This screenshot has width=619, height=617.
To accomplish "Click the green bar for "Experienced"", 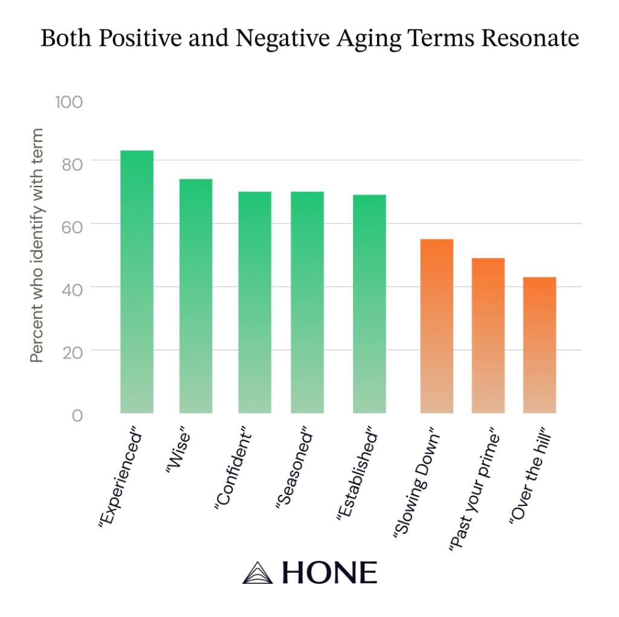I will pyautogui.click(x=137, y=281).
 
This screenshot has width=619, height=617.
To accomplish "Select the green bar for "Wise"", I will pyautogui.click(x=195, y=296).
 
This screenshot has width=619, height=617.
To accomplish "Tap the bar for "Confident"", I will pyautogui.click(x=254, y=302).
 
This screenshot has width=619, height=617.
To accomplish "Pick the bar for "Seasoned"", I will pyautogui.click(x=307, y=302).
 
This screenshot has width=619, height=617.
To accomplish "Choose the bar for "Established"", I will pyautogui.click(x=369, y=304).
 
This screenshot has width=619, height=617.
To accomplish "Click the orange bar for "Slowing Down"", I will pyautogui.click(x=436, y=326).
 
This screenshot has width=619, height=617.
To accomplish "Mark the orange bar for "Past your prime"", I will pyautogui.click(x=488, y=336).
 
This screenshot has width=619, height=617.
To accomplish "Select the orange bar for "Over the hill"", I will pyautogui.click(x=539, y=345).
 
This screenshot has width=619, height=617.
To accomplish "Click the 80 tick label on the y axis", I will pyautogui.click(x=71, y=164).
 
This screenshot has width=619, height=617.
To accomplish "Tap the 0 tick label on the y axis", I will pyautogui.click(x=76, y=415).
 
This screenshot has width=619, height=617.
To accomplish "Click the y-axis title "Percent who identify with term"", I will pyautogui.click(x=37, y=246).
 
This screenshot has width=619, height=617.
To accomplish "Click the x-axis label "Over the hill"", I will pyautogui.click(x=532, y=479).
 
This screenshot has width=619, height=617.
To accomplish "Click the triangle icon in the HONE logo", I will pyautogui.click(x=258, y=572).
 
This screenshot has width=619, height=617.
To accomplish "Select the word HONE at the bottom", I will pyautogui.click(x=329, y=572).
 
